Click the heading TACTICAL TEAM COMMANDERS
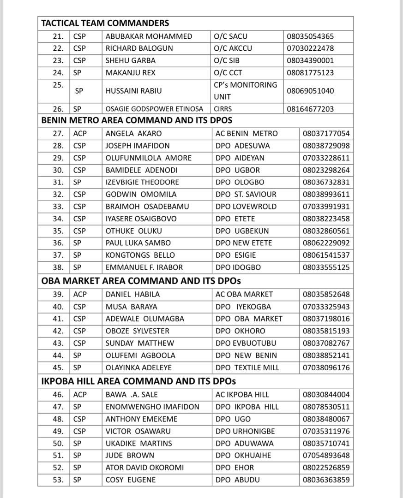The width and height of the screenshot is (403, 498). [105, 23]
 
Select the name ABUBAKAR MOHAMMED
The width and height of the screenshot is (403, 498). [149, 36]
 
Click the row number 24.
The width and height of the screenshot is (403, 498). [58, 72]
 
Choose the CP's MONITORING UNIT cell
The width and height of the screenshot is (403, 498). [245, 91]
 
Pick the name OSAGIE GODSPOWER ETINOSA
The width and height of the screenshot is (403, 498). [154, 109]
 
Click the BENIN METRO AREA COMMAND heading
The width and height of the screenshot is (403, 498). [137, 120]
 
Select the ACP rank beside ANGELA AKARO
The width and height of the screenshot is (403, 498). [80, 134]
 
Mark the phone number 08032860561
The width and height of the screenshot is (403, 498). [326, 231]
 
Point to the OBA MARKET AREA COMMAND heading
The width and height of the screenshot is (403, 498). [141, 281]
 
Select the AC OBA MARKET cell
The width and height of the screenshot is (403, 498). [244, 294]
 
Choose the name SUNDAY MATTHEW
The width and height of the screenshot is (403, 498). [139, 343]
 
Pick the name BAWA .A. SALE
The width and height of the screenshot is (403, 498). [132, 395]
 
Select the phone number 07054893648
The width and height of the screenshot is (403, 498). [326, 455]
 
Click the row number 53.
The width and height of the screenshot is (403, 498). [58, 480]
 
